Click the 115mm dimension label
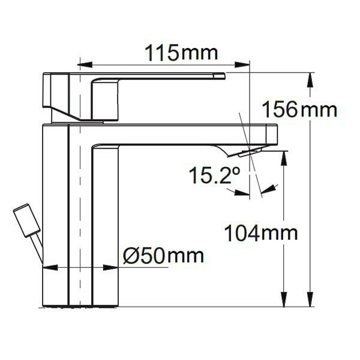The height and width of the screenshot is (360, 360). (x=181, y=53)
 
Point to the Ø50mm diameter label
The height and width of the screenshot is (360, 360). (x=163, y=256)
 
